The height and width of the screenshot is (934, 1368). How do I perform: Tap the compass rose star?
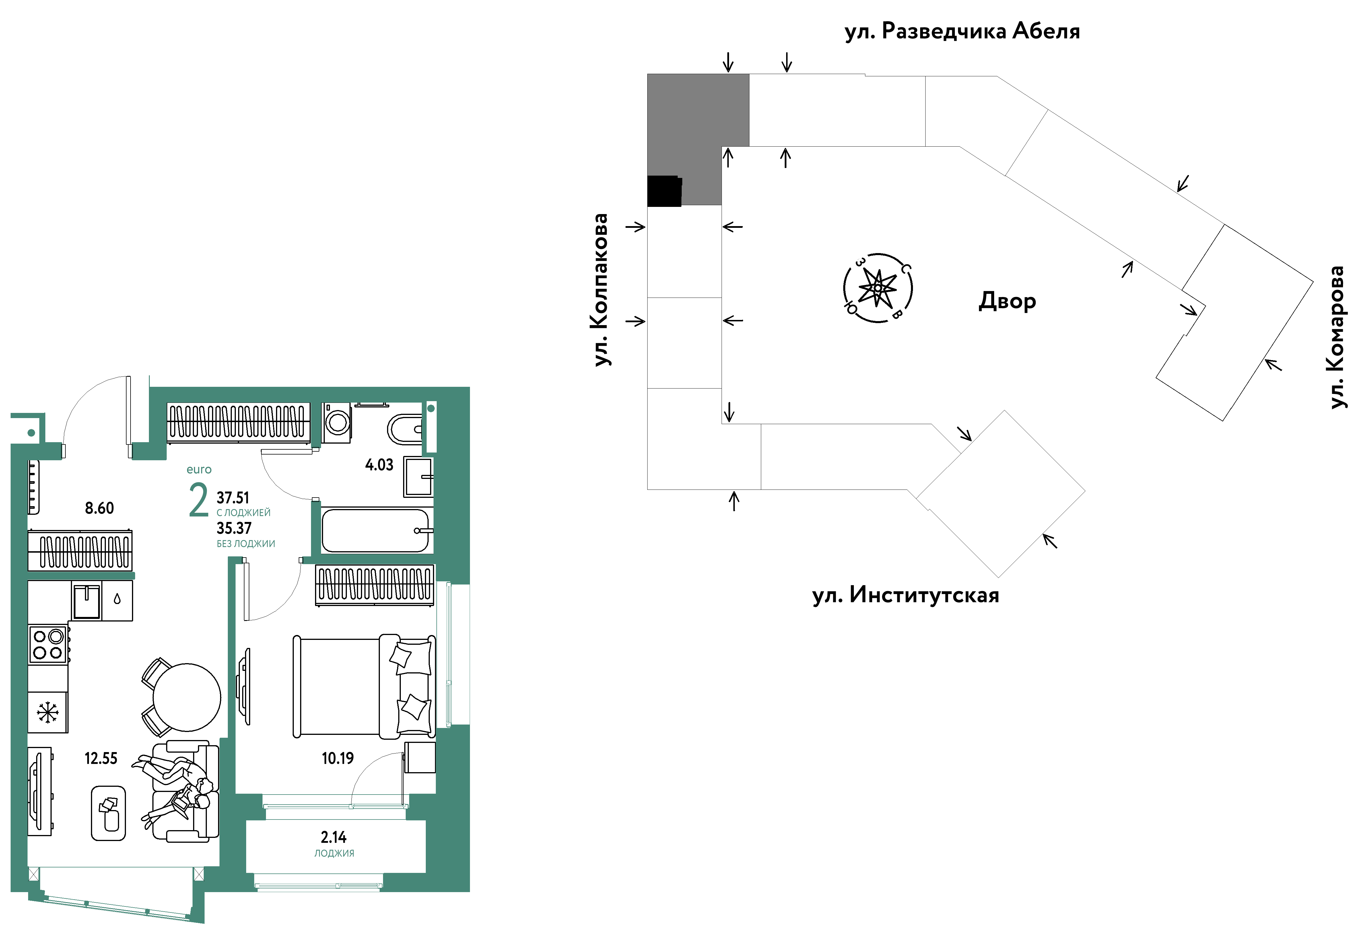[x=878, y=288]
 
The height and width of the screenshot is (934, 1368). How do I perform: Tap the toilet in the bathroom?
[x=405, y=430]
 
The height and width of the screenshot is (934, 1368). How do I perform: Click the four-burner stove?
[x=48, y=644]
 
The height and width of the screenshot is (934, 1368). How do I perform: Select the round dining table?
[x=186, y=697]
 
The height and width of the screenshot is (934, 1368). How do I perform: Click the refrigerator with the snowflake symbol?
[x=48, y=712]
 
